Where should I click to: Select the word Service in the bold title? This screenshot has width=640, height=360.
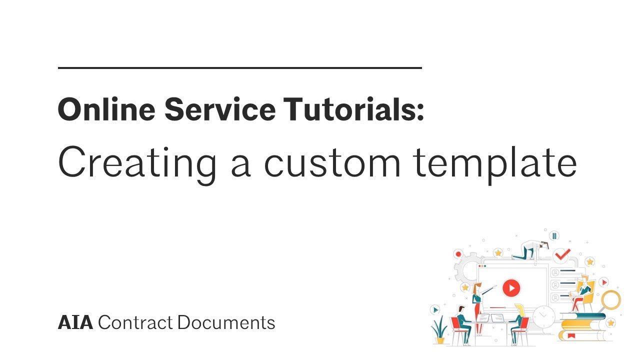pyautogui.click(x=220, y=109)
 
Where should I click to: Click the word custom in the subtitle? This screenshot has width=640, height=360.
pyautogui.click(x=332, y=163)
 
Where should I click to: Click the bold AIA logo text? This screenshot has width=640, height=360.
pyautogui.click(x=75, y=323)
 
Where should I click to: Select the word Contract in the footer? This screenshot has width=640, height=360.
pyautogui.click(x=135, y=323)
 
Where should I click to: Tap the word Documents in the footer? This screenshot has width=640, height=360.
pyautogui.click(x=226, y=323)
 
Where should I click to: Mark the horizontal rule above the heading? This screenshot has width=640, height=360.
pyautogui.click(x=240, y=67)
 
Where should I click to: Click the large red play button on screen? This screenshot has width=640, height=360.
pyautogui.click(x=511, y=287)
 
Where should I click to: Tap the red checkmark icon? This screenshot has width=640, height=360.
pyautogui.click(x=563, y=254)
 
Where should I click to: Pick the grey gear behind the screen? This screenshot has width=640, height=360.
pyautogui.click(x=468, y=270)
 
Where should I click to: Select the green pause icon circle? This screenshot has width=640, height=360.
pyautogui.click(x=554, y=235)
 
